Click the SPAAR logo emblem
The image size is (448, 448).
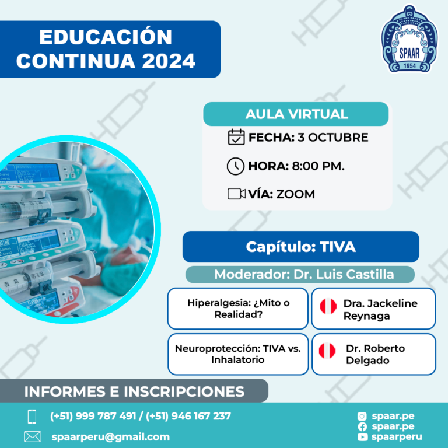[409, 38]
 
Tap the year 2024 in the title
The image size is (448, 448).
[169, 61]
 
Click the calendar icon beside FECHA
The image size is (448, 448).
[236, 137]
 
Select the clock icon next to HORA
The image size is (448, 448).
[236, 166]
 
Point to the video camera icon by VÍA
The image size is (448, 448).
[236, 194]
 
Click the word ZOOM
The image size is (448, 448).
[295, 194]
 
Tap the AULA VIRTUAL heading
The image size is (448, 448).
[296, 114]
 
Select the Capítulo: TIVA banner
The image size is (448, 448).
[301, 247]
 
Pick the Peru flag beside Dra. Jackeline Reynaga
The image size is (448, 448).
[328, 306]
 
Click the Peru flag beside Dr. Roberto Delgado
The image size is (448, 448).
[327, 351]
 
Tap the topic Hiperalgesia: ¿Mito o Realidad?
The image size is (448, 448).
[238, 309]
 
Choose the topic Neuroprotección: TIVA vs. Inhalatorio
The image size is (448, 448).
[238, 354]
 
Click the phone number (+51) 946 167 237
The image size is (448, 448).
[188, 416]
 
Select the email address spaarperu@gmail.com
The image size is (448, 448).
[111, 437]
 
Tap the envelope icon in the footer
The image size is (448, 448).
[32, 436]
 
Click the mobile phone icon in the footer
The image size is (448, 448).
[32, 416]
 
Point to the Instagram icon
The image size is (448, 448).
[362, 416]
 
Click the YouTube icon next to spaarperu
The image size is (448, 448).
[362, 437]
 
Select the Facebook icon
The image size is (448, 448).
[362, 427]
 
